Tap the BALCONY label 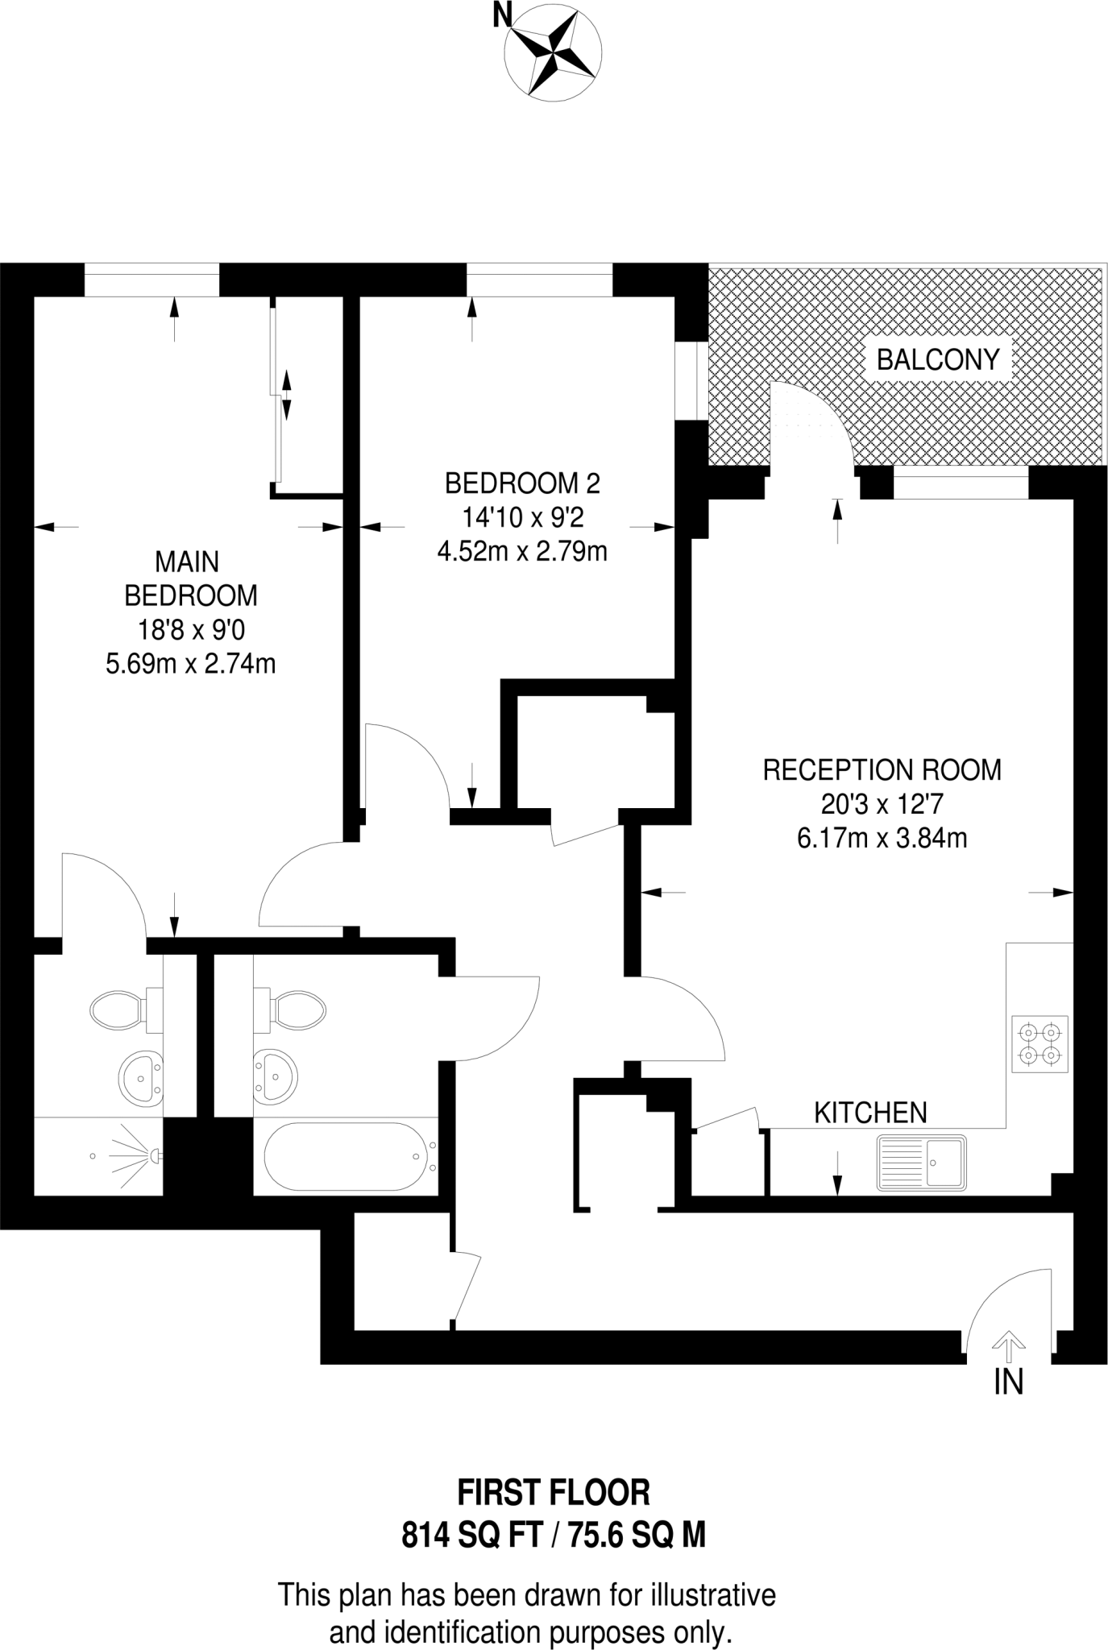click(x=937, y=359)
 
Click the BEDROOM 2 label click(x=522, y=483)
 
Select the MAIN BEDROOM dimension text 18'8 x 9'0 click(x=191, y=629)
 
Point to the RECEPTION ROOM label click(x=882, y=770)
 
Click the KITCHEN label click(x=870, y=1113)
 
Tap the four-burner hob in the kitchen click(x=1040, y=1043)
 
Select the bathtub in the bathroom click(x=346, y=1157)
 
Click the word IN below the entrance click(x=1008, y=1383)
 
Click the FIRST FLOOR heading click(x=554, y=1493)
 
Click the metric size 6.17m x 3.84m click(x=882, y=839)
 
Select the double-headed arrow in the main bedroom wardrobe click(x=286, y=394)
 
